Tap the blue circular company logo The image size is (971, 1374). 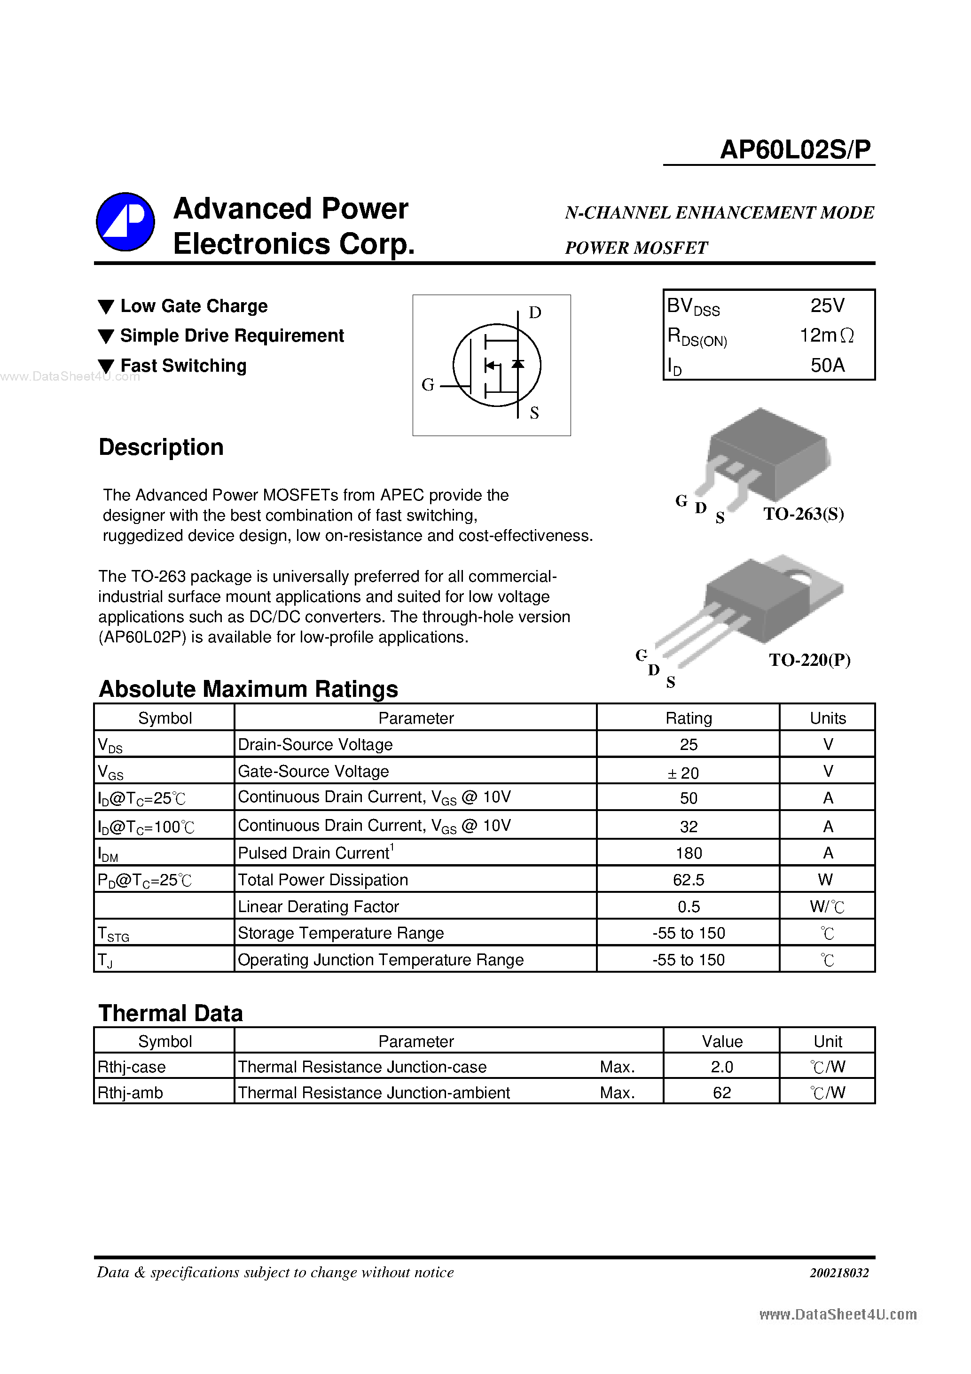(125, 222)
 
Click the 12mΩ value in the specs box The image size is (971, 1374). (827, 336)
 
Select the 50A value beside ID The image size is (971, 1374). (827, 365)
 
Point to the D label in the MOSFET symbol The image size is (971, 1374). (534, 312)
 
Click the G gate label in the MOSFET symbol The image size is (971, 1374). (427, 385)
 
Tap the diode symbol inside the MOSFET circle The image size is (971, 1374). (518, 364)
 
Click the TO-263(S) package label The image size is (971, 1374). (803, 514)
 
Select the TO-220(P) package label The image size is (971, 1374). (809, 660)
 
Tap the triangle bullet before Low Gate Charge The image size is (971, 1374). (106, 307)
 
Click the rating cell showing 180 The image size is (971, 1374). (689, 853)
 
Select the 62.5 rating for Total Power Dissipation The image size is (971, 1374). (689, 880)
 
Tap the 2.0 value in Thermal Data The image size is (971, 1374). (721, 1067)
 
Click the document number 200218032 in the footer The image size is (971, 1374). (839, 1273)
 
